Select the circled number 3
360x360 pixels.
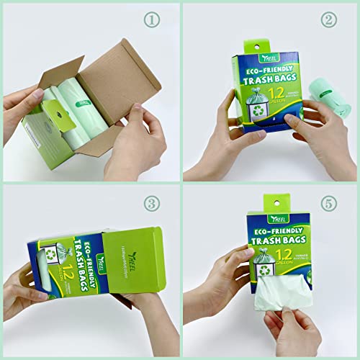coord(151,204)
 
